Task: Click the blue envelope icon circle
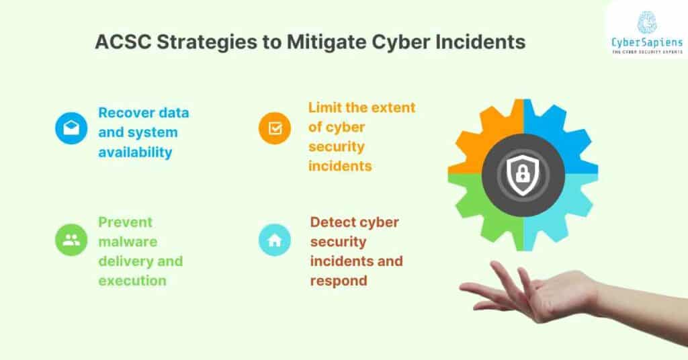(71, 128)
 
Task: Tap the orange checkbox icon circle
(275, 128)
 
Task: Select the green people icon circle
(71, 240)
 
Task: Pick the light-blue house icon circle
(275, 240)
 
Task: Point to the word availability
(135, 152)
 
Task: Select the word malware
(126, 242)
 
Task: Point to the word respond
(339, 281)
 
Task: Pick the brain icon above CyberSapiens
(647, 21)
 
